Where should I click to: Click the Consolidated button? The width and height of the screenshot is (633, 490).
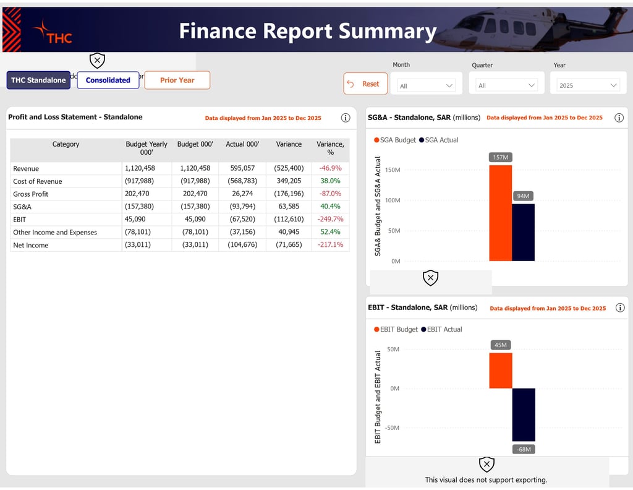(x=108, y=80)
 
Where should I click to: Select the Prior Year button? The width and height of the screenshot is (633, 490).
(x=177, y=80)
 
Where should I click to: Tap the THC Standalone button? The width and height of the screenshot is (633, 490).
(x=38, y=80)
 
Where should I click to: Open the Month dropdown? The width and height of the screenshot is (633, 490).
(x=426, y=86)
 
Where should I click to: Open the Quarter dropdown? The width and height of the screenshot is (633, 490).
(x=506, y=86)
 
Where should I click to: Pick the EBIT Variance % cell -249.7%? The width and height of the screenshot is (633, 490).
(x=330, y=220)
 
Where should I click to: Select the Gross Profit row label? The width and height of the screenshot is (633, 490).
(x=31, y=194)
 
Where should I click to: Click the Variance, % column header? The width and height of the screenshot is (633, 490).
(x=330, y=148)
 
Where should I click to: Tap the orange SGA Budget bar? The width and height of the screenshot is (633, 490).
(x=500, y=213)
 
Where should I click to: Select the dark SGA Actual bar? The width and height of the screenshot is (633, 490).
(x=523, y=232)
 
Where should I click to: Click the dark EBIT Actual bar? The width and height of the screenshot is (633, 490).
(x=523, y=415)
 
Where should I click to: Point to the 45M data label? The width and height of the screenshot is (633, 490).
(x=501, y=345)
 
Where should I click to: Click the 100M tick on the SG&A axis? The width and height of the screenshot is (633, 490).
(x=393, y=200)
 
